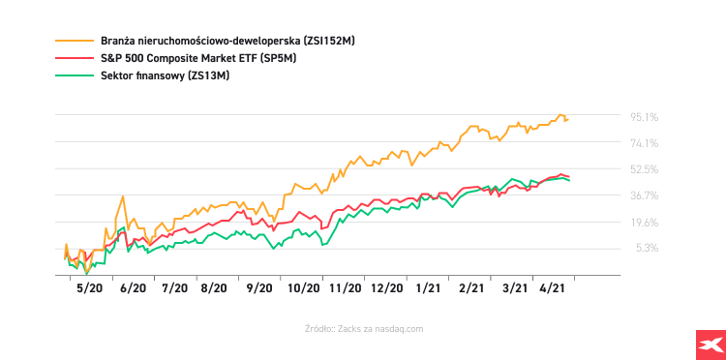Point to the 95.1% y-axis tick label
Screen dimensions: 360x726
pyautogui.click(x=645, y=117)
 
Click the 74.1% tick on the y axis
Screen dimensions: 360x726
pyautogui.click(x=645, y=143)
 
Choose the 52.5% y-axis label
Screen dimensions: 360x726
pyautogui.click(x=645, y=169)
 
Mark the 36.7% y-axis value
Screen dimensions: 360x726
pyautogui.click(x=645, y=195)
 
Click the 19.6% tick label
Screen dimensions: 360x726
pyautogui.click(x=645, y=222)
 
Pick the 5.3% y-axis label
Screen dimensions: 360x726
pyautogui.click(x=648, y=248)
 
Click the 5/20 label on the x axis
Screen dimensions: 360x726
pyautogui.click(x=89, y=287)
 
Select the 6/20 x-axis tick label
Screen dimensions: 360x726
pyautogui.click(x=132, y=287)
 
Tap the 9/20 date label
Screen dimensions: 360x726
pyautogui.click(x=259, y=287)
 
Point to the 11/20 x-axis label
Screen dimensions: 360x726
pyautogui.click(x=345, y=287)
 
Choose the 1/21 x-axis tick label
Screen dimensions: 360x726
pyautogui.click(x=429, y=287)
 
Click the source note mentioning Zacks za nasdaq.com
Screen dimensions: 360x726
pyautogui.click(x=363, y=329)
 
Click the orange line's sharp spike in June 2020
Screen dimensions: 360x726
pyautogui.click(x=123, y=197)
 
